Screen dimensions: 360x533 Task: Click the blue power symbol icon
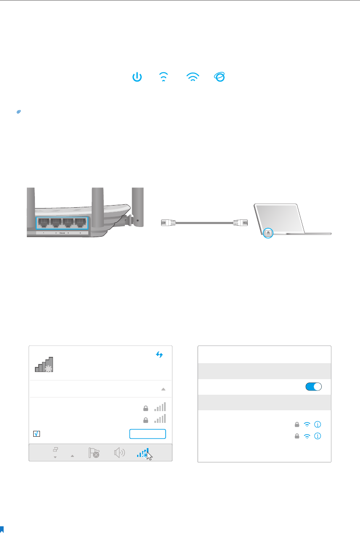(x=138, y=77)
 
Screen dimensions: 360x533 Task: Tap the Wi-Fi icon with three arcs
(x=193, y=77)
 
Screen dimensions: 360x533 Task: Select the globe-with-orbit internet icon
(x=220, y=77)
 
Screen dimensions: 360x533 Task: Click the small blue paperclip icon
(x=18, y=112)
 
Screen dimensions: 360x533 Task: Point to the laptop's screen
(x=280, y=216)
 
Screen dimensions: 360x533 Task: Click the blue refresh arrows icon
(x=159, y=355)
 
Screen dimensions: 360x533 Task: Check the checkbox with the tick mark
(x=36, y=434)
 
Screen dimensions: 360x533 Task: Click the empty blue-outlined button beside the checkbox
(x=147, y=434)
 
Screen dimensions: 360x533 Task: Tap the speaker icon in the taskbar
(x=120, y=453)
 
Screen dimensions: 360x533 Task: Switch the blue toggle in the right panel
(x=314, y=387)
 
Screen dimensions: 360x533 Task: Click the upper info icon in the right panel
(x=318, y=425)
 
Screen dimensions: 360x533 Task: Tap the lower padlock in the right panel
(x=297, y=436)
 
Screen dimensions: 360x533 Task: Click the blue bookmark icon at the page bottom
(x=2, y=529)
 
